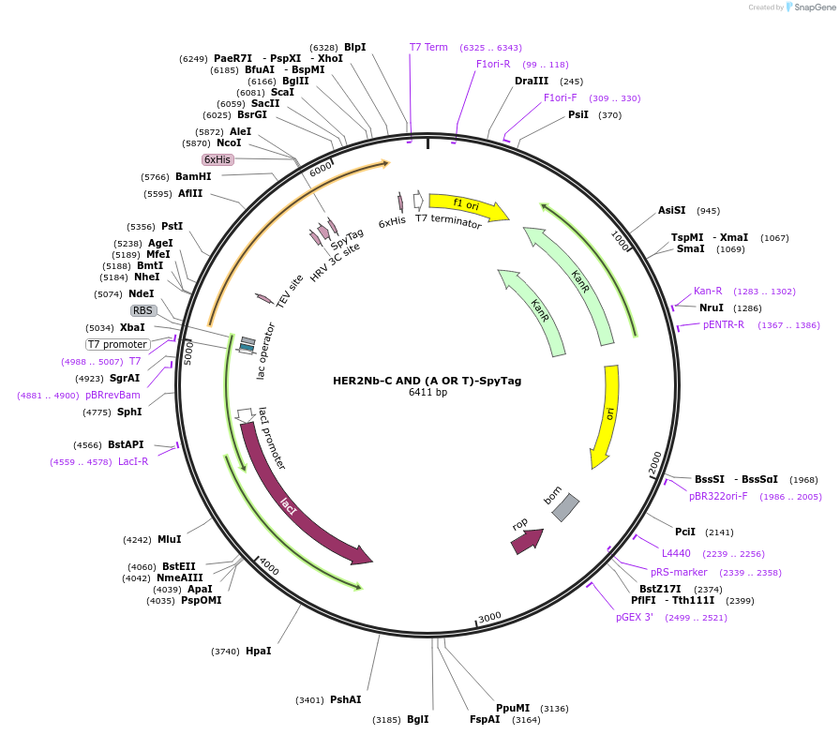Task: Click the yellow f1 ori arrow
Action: pyautogui.click(x=467, y=206)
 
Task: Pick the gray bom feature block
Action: pyautogui.click(x=565, y=506)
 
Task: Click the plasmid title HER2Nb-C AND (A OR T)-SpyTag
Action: pyautogui.click(x=427, y=381)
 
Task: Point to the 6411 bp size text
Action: pyautogui.click(x=427, y=393)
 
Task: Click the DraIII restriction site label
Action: pyautogui.click(x=532, y=81)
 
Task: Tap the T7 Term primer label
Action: pyautogui.click(x=428, y=47)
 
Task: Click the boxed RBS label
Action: pyautogui.click(x=142, y=310)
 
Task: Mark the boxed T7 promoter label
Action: pyautogui.click(x=118, y=344)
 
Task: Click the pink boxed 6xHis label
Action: pyautogui.click(x=217, y=159)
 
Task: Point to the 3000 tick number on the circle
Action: pyautogui.click(x=489, y=618)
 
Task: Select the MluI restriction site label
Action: pyautogui.click(x=169, y=539)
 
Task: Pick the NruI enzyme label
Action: pyautogui.click(x=712, y=307)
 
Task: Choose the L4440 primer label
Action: pyautogui.click(x=676, y=553)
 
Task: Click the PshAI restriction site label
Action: pyautogui.click(x=345, y=699)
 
